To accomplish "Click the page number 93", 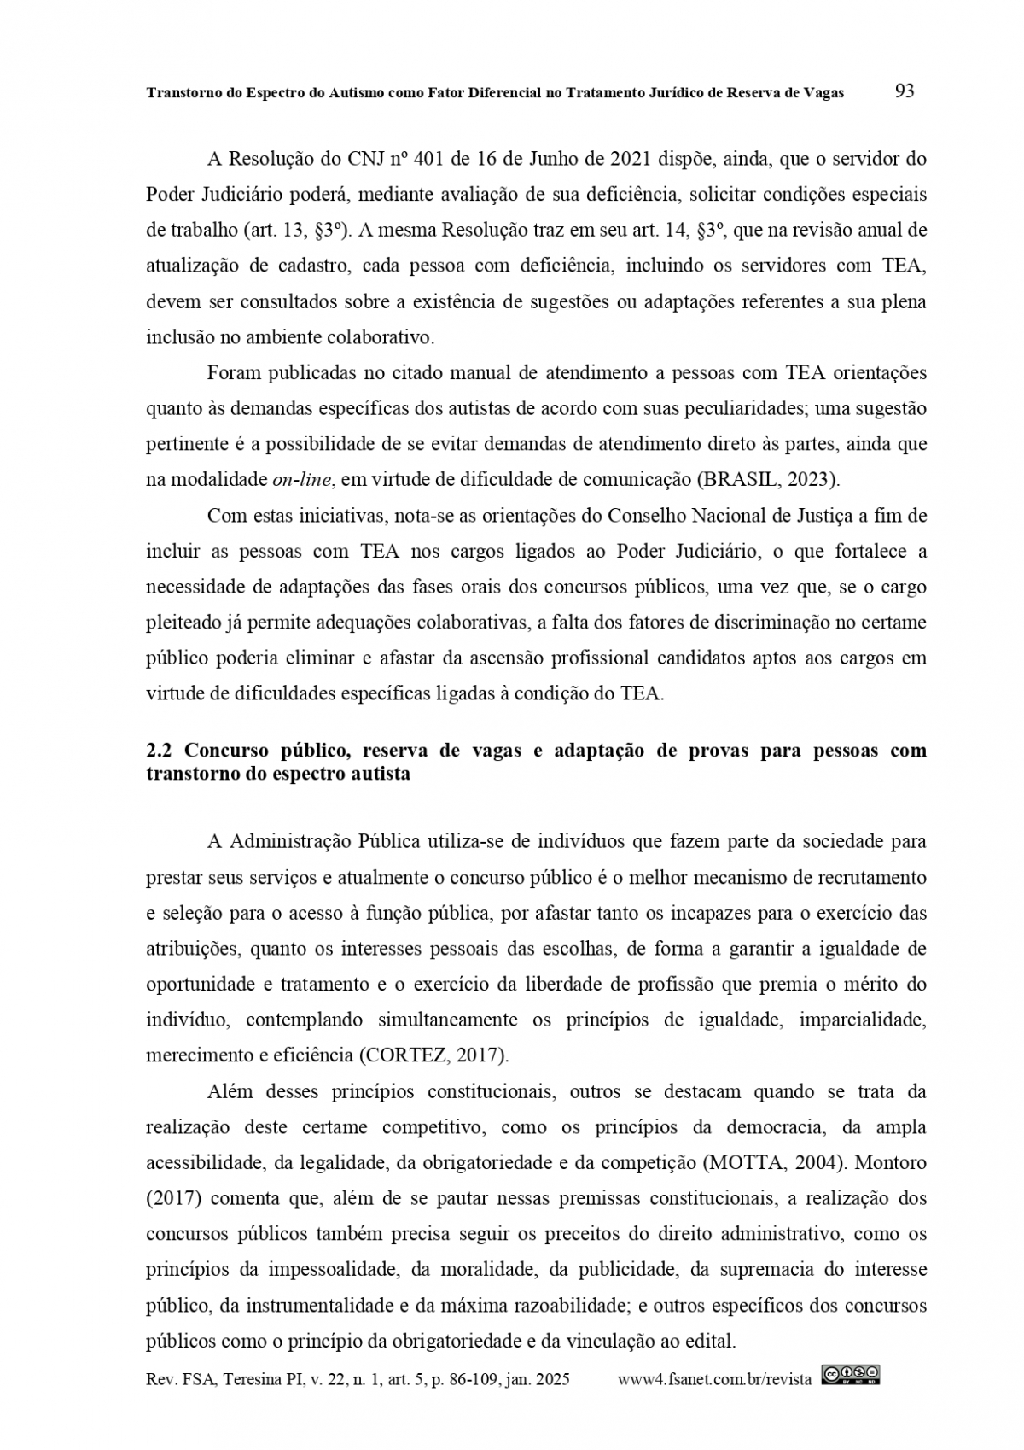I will click(x=905, y=91).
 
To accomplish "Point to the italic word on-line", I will click(x=301, y=480).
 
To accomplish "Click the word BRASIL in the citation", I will click(x=739, y=480).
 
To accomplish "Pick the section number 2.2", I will click(x=160, y=751).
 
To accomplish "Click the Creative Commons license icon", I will click(x=851, y=1375).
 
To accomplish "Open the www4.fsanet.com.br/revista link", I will click(x=713, y=1379).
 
